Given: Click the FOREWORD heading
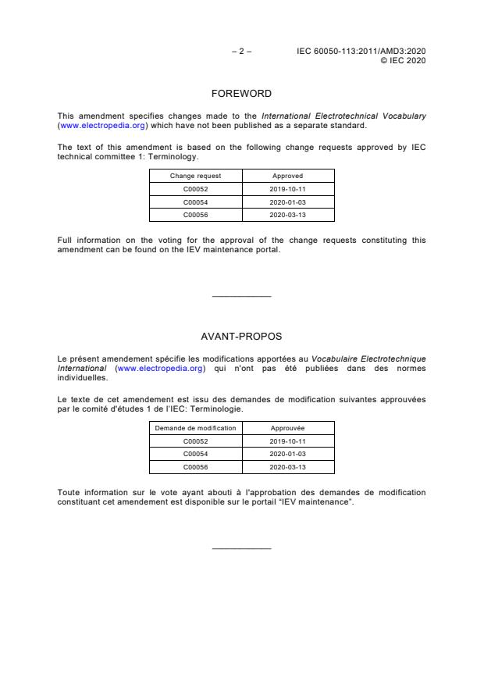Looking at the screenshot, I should [x=241, y=94].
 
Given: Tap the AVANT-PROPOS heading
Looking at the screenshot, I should [x=241, y=337].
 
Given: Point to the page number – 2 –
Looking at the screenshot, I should [x=241, y=51].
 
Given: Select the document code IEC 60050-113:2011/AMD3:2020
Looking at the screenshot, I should [x=361, y=51].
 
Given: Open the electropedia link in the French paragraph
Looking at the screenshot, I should [x=161, y=368].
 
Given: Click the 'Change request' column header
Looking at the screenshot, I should [x=196, y=176].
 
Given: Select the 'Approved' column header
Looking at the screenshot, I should [x=287, y=176].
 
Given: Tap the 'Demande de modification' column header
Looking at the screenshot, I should [x=196, y=428].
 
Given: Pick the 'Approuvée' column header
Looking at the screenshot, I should [x=287, y=428].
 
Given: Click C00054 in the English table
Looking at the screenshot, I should [x=196, y=202].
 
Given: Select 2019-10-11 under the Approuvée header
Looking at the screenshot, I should [x=287, y=441].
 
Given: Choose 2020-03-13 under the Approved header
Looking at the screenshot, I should [x=287, y=213].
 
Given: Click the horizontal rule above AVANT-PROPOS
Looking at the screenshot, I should [x=241, y=296].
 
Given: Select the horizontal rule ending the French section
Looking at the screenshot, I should [x=241, y=548].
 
